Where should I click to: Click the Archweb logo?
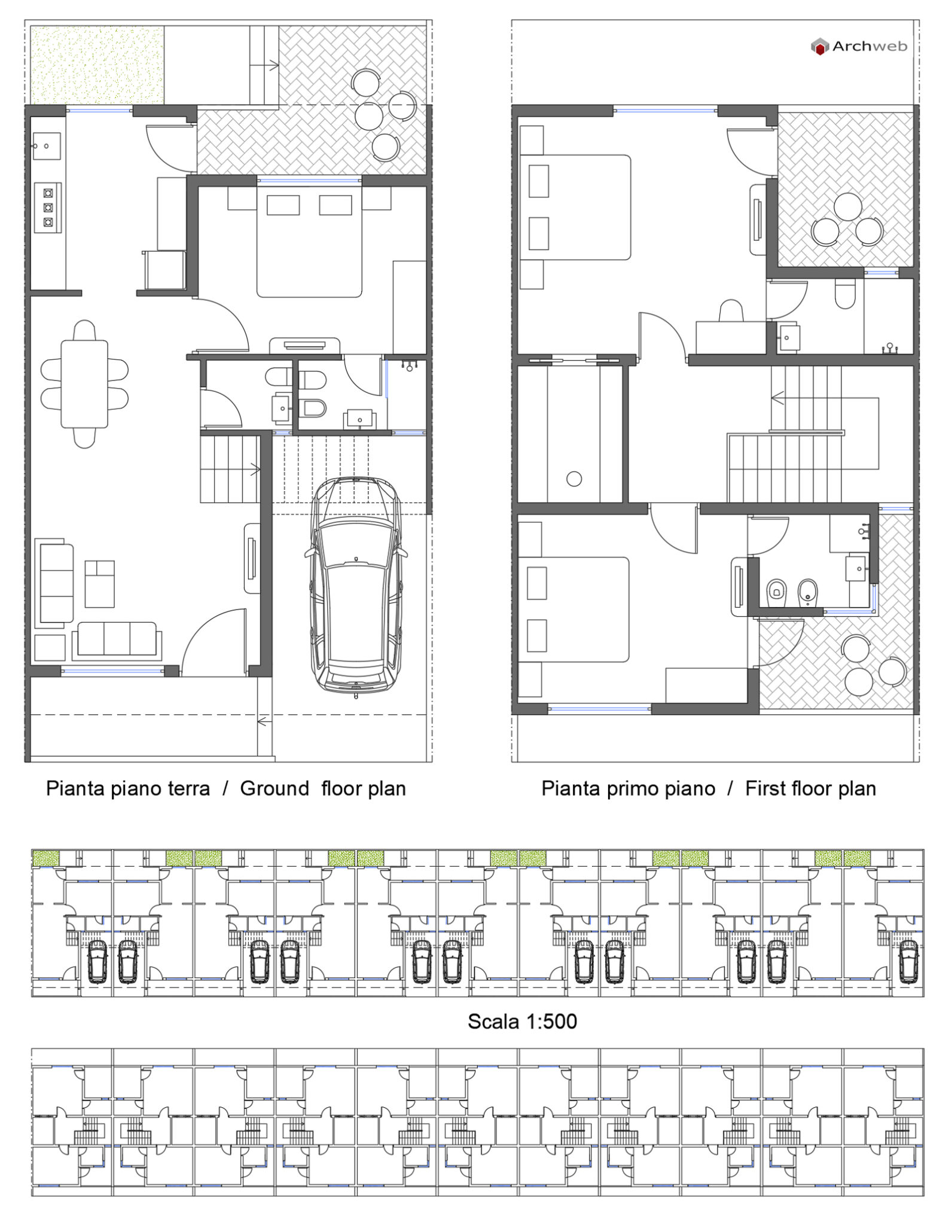point(858,47)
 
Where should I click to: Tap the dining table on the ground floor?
point(84,383)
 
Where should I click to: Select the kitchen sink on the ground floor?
point(47,146)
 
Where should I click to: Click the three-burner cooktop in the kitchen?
point(48,208)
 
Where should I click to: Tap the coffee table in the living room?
point(99,584)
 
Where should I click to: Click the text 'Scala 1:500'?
point(522,1021)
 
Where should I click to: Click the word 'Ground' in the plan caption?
point(274,788)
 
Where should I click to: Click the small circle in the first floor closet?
point(574,479)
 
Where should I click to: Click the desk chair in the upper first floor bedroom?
point(731,311)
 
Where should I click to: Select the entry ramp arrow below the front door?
point(264,721)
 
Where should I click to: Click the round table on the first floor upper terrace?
point(847,207)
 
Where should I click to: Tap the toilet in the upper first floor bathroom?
point(844,295)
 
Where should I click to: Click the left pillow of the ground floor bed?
point(283,205)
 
